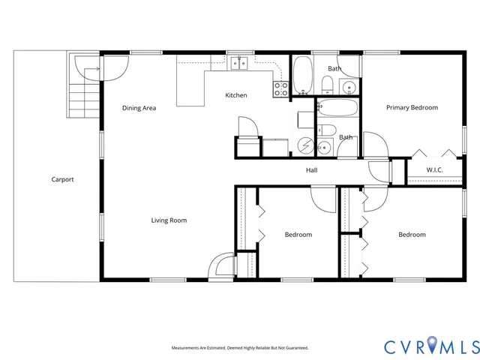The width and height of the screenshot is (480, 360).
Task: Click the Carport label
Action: coord(62,179)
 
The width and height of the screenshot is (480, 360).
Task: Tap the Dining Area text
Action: coord(139,109)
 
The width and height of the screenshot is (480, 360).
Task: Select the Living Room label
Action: coord(169,220)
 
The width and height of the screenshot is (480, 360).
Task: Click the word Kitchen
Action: coord(236,95)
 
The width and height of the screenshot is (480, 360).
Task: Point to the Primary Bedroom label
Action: coord(412,108)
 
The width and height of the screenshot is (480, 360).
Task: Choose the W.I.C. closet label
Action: coord(435,170)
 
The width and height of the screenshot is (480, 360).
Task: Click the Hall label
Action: coord(311,170)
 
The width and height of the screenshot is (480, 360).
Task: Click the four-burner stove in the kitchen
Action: coord(281,89)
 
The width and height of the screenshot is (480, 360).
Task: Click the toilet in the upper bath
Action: coord(329,85)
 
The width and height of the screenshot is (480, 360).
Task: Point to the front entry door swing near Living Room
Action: coord(221,265)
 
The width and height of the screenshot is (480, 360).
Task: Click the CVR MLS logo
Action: coord(431,346)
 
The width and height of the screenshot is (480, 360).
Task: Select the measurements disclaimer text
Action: coord(240,348)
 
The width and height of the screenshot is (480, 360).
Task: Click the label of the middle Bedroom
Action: coord(298,235)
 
